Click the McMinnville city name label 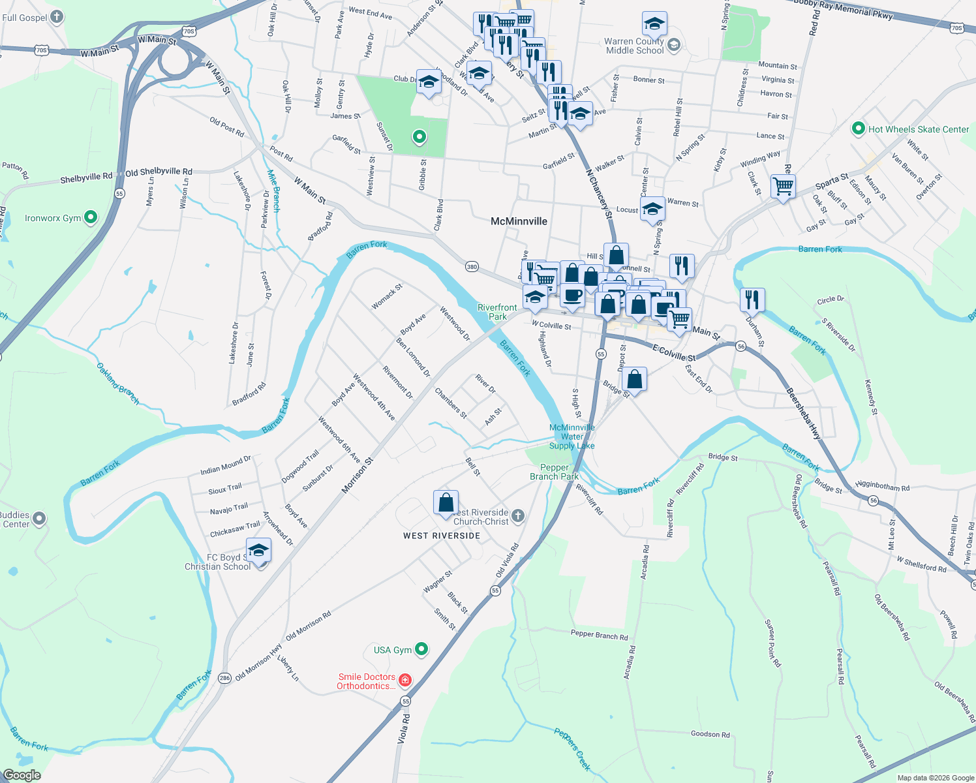point(519,221)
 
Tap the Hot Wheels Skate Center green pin point(859,129)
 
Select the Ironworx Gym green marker point(91,217)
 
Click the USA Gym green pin point(421,649)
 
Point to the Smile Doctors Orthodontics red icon point(405,681)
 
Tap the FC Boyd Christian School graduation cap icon point(258,551)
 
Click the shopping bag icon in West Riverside point(446,503)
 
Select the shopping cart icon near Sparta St point(783,186)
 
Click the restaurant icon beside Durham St point(752,299)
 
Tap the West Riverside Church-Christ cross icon point(518,516)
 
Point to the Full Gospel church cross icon point(57,17)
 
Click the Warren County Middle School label point(634,46)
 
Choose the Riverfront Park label point(497,312)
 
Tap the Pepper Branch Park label point(554,472)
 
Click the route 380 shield point(472,266)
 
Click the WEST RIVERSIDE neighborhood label point(442,536)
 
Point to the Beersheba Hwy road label point(803,414)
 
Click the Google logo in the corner point(22,775)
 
